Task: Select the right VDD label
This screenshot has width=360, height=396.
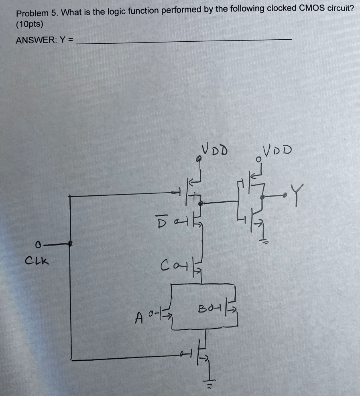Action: tap(278, 151)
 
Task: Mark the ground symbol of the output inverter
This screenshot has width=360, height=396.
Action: tap(264, 242)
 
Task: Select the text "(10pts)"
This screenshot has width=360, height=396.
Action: tap(30, 24)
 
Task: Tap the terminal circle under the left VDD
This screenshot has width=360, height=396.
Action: tap(198, 159)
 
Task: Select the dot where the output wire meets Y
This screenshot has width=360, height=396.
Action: tap(284, 196)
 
